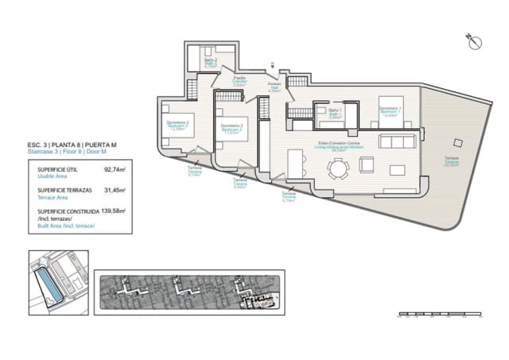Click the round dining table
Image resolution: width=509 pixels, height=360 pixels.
pyautogui.click(x=340, y=168)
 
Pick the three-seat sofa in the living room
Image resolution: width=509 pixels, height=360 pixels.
pyautogui.click(x=395, y=142)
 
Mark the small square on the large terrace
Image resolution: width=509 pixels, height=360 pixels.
pyautogui.click(x=456, y=143)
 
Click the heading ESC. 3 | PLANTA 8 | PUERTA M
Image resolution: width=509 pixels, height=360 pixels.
pyautogui.click(x=72, y=145)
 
